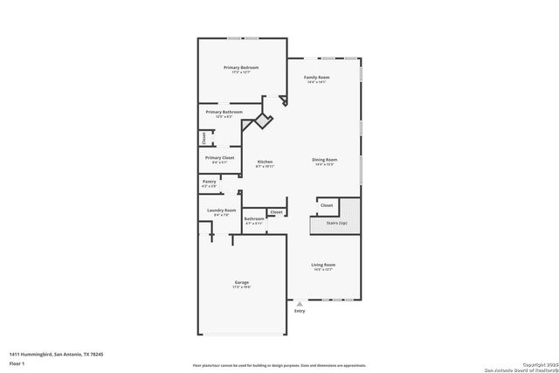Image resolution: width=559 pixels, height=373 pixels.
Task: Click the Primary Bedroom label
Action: pos(241,67)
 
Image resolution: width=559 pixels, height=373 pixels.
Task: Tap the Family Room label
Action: pos(316,78)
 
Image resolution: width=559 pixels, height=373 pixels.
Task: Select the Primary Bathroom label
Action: pos(224,112)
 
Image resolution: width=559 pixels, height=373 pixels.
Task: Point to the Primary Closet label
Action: pos(220,157)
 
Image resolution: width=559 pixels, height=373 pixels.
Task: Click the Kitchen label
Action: pos(265,162)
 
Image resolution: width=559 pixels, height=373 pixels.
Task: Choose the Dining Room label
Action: pos(325,160)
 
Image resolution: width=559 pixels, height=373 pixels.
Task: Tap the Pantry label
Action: pos(209,181)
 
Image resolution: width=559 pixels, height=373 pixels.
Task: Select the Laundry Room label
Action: pos(221,211)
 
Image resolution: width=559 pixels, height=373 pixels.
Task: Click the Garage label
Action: pos(241,283)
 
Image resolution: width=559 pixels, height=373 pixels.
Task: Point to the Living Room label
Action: pos(323,265)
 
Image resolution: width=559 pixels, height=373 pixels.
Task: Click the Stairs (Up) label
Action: pos(336,224)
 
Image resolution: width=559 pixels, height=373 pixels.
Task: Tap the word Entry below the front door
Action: pos(300,311)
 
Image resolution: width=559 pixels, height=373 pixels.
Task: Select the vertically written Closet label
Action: pos(204,137)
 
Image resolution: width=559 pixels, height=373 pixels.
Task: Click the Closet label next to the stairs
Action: pos(327,205)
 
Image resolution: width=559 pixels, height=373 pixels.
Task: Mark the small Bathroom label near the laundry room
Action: pos(254,218)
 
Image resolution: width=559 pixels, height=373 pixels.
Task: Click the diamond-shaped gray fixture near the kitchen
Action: pos(260,120)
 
